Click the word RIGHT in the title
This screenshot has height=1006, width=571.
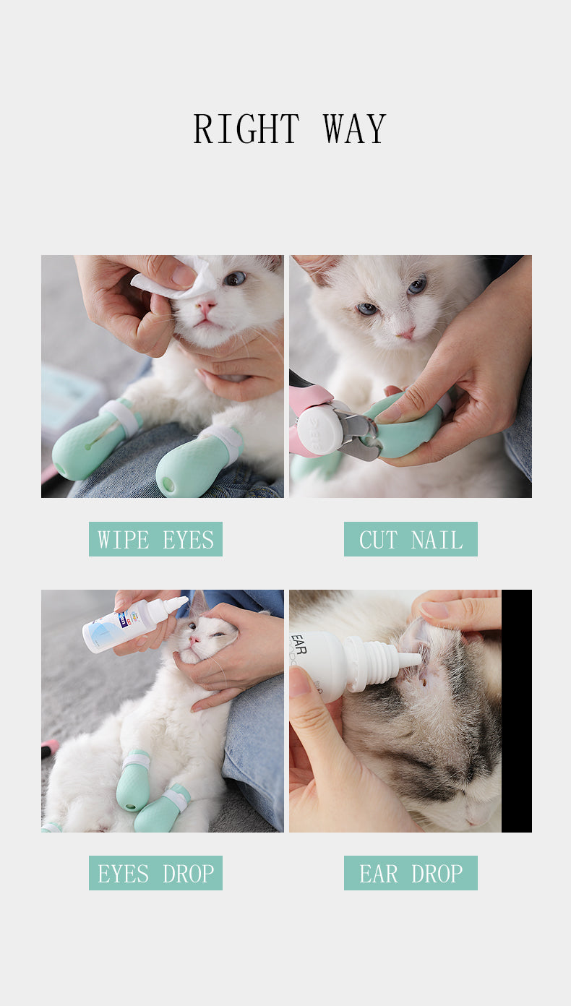point(246,129)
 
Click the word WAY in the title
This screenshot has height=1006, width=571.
point(355,129)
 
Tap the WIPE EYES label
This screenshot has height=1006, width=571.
point(155,539)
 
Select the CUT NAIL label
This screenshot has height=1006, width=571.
point(411,539)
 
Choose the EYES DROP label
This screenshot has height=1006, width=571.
point(155,873)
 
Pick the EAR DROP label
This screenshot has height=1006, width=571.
point(411,873)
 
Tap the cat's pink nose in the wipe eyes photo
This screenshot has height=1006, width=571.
point(206,306)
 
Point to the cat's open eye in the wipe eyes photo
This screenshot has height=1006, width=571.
point(235,279)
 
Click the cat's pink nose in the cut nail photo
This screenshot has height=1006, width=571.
point(407,333)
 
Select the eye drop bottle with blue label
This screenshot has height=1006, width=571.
point(134,622)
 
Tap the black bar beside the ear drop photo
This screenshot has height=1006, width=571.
point(517,711)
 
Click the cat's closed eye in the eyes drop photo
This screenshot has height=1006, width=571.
point(219,635)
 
